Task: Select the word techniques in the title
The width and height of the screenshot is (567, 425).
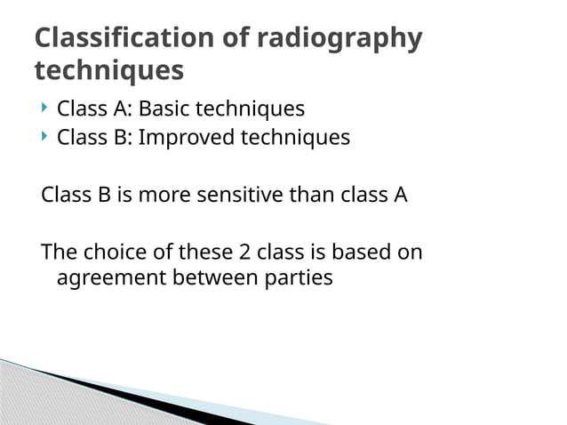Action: point(108,69)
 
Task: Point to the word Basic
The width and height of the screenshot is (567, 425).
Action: point(164,109)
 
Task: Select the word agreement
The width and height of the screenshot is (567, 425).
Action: point(110,278)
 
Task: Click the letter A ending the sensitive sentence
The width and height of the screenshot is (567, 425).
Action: point(400,195)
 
